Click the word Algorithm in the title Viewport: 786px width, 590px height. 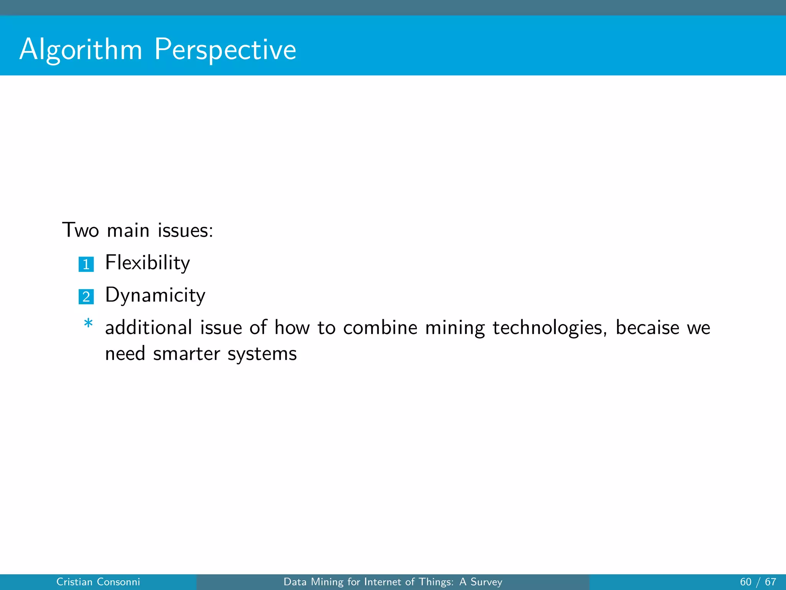point(81,50)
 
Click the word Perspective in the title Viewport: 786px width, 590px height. point(225,50)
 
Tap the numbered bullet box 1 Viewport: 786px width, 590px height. point(86,264)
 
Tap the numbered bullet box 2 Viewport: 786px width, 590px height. point(86,297)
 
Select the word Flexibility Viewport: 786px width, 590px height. point(147,263)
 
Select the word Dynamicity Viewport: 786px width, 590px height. point(155,296)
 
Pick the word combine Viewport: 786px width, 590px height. point(380,328)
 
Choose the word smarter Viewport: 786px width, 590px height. point(187,354)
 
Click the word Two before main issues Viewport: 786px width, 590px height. point(81,230)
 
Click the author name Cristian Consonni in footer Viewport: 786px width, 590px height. point(98,582)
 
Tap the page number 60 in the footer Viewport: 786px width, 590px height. point(745,582)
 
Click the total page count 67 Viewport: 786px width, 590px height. point(770,582)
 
